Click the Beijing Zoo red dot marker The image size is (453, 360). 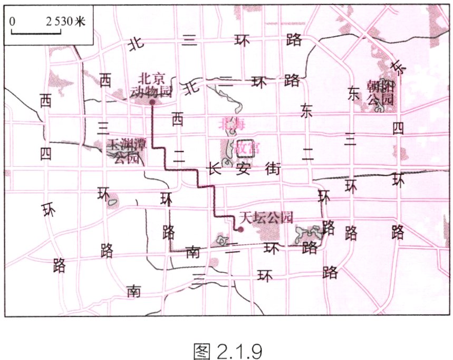[x=152, y=102]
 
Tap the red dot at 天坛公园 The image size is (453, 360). [x=240, y=229]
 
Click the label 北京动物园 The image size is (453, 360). [x=151, y=84]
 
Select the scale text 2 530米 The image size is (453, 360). [x=65, y=22]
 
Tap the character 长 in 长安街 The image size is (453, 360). [x=213, y=169]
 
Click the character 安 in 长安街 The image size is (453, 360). [x=243, y=169]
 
